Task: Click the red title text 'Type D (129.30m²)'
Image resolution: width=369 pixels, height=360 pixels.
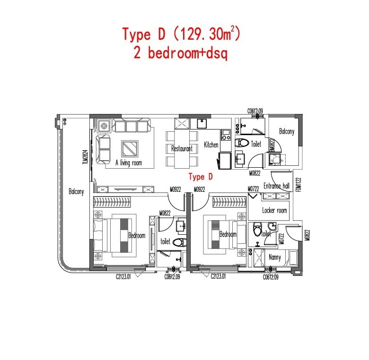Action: (181, 34)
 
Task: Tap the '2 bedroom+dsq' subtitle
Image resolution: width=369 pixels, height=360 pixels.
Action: (181, 53)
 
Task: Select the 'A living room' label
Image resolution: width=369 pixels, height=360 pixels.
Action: (129, 163)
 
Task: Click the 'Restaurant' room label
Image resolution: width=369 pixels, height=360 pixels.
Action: (182, 148)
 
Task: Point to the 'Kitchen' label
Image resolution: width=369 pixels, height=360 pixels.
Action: (211, 145)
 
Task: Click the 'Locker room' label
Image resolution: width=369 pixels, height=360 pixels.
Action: (275, 210)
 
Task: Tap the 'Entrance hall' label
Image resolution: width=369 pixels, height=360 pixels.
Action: (277, 186)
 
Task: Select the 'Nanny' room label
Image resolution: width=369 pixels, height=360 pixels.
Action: (275, 257)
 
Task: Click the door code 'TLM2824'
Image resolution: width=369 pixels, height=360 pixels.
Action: (85, 157)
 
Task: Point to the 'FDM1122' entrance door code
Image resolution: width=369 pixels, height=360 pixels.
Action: (299, 184)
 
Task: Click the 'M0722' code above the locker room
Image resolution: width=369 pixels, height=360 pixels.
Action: (253, 189)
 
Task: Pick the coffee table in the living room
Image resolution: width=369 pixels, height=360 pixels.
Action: (130, 148)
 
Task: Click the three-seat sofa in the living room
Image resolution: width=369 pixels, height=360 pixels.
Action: (132, 126)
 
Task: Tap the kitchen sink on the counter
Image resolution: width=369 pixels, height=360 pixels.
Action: (202, 123)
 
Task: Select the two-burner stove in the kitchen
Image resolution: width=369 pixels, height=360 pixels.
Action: (226, 135)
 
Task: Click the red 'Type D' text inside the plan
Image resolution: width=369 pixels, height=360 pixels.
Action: (201, 177)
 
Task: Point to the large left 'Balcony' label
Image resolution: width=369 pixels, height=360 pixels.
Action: (76, 191)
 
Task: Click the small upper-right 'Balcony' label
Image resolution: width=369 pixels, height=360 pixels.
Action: (287, 131)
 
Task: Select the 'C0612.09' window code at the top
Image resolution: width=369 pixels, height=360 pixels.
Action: (255, 111)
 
